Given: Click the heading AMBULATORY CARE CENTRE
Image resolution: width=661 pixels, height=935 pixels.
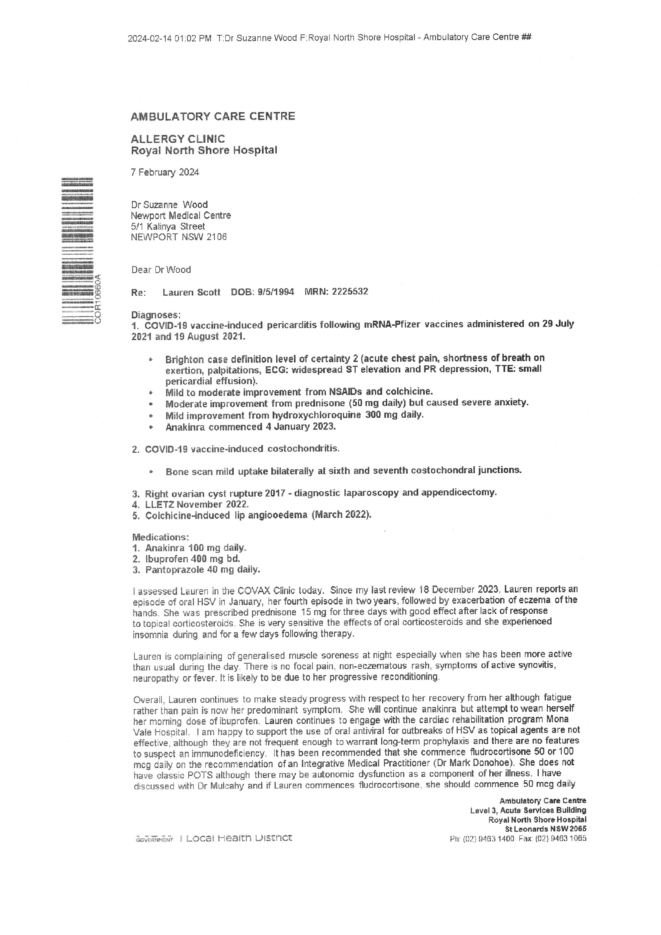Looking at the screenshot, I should [213, 116].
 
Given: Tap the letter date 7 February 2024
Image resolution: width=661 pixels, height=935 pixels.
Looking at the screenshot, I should [165, 172].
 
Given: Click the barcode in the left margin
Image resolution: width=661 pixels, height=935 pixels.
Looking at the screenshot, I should [77, 251].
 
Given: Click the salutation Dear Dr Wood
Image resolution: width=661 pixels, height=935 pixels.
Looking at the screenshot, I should [161, 269].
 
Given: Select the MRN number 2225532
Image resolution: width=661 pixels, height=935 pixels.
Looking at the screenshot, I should [350, 292].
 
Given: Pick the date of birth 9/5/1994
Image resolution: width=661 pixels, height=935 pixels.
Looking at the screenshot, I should [276, 292].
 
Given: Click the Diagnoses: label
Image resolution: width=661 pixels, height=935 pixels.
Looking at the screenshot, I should [156, 315].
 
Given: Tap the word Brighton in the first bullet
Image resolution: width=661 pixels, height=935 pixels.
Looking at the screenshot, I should [184, 360].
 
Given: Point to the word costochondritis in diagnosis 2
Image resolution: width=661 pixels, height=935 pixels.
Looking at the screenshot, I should [303, 449].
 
